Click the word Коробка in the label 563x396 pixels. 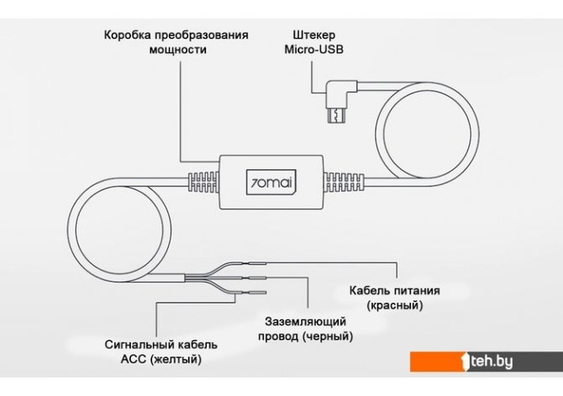click(129, 35)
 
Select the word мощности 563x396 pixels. click(176, 50)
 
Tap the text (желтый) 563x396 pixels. click(176, 360)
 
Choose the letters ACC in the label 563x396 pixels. click(134, 360)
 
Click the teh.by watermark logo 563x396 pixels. click(487, 362)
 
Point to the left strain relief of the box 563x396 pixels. click(202, 179)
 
